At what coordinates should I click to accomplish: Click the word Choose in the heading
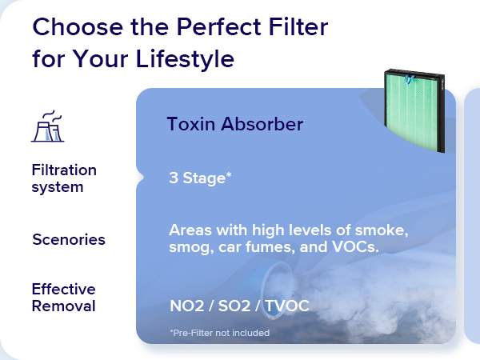click(78, 26)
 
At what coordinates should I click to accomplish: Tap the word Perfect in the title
click(218, 26)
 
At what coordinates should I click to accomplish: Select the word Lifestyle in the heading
click(185, 58)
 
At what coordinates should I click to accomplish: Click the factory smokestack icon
click(48, 126)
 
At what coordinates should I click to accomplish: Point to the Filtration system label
click(64, 178)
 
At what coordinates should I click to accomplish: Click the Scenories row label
click(69, 239)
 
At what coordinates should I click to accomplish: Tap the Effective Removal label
click(64, 298)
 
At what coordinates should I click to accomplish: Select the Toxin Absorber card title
click(235, 124)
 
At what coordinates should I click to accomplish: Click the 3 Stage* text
click(200, 178)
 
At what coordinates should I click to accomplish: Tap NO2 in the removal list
click(186, 306)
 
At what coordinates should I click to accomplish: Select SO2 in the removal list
click(234, 306)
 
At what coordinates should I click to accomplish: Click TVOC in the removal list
click(287, 306)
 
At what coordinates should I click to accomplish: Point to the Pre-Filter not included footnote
click(220, 333)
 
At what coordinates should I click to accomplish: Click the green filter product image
click(414, 110)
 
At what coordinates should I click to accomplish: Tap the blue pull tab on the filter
click(410, 79)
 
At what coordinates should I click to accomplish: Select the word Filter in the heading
click(298, 26)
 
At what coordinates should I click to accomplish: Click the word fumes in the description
click(270, 246)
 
